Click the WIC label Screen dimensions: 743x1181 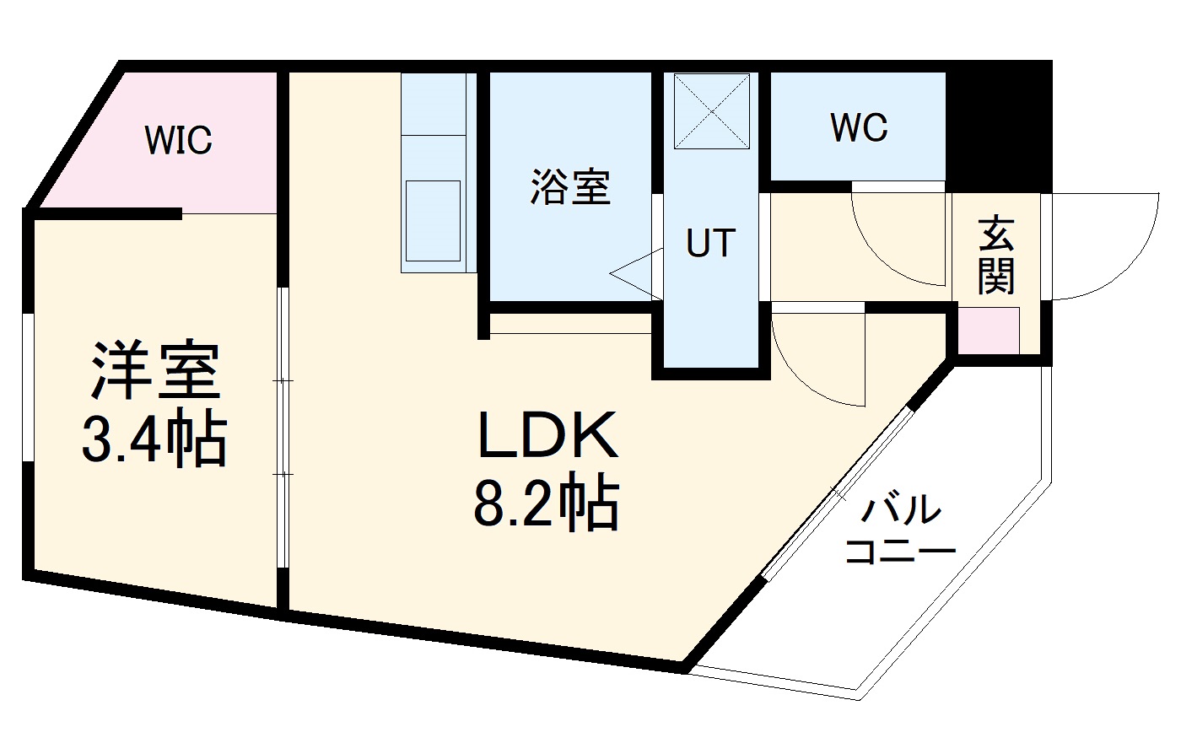pos(178,140)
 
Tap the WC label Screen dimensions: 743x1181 pos(859,128)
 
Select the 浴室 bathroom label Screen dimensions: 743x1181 pos(570,186)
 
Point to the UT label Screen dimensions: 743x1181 pos(710,244)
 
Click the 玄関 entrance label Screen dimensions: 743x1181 pos(996,255)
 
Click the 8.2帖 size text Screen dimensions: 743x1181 pos(547,503)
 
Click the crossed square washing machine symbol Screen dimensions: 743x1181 pos(712,110)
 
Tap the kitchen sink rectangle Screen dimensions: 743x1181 pos(434,220)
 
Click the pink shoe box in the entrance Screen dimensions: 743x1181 pos(988,331)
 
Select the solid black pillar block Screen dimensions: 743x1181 pos(1000,127)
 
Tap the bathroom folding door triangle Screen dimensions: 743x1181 pos(637,272)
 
